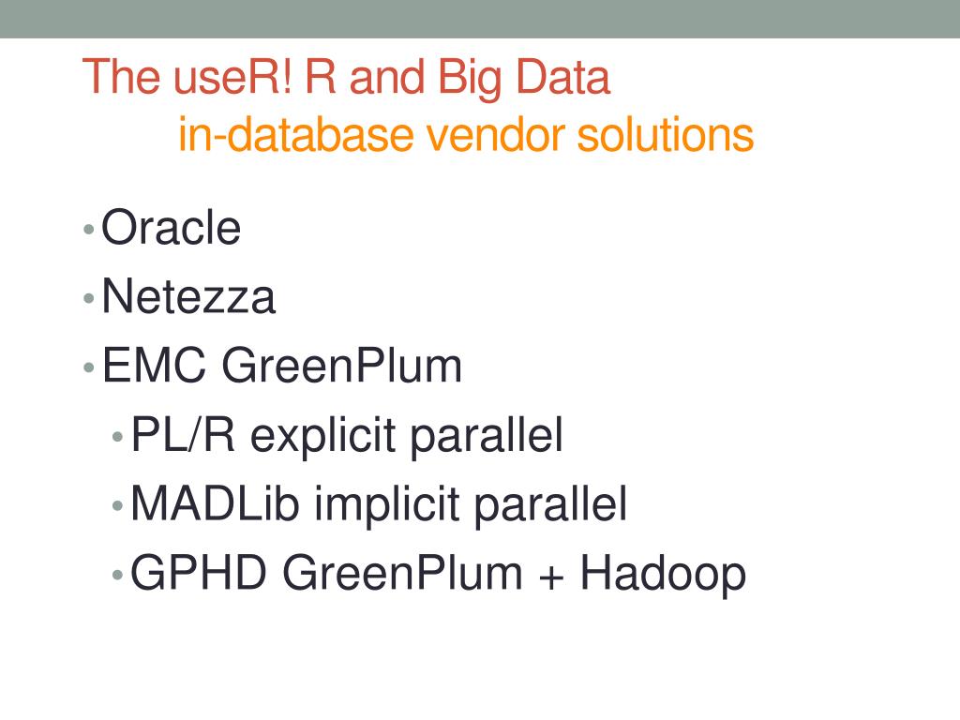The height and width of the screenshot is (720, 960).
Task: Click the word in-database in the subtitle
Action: (x=295, y=135)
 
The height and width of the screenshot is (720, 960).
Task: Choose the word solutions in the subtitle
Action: (x=665, y=135)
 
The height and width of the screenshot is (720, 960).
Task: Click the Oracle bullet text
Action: (x=171, y=228)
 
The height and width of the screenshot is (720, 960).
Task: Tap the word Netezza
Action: (x=188, y=297)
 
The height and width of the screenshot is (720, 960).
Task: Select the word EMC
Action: (x=154, y=366)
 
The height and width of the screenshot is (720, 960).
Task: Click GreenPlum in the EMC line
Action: (x=342, y=367)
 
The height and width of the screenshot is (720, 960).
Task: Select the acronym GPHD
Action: (x=200, y=573)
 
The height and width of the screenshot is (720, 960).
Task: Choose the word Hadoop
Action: (x=663, y=574)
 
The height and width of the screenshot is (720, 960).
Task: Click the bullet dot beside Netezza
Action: (x=88, y=299)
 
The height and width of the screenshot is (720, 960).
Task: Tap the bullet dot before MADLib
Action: (x=117, y=506)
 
